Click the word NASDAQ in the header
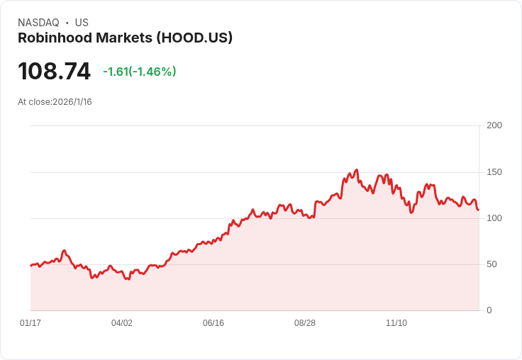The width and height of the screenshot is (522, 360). pos(38,23)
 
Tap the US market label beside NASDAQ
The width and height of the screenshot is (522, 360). pos(82,23)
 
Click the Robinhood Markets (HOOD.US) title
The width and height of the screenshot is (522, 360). pos(125,38)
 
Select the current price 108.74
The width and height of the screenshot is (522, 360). pos(55,72)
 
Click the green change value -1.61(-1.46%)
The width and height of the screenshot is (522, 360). pos(139,72)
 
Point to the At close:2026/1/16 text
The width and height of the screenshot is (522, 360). pos(55,102)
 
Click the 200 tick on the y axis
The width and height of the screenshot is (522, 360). pos(494,125)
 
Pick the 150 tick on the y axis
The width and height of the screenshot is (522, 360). pos(494,172)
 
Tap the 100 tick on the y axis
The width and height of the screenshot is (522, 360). pos(494,218)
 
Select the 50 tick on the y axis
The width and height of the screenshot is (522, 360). pos(492,264)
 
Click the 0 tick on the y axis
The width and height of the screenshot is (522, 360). pos(489,310)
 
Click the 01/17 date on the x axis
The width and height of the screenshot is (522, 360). pos(30,323)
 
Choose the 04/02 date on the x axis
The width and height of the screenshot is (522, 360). pos(122,323)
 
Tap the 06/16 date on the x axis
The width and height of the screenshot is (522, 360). pos(213,323)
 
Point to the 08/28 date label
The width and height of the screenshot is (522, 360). pos(305,323)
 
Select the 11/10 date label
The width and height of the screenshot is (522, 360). pos(396,323)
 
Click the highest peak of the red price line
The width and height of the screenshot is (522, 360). pos(356,170)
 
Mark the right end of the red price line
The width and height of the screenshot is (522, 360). pos(479,210)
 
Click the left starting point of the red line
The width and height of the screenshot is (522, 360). pos(31,265)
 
